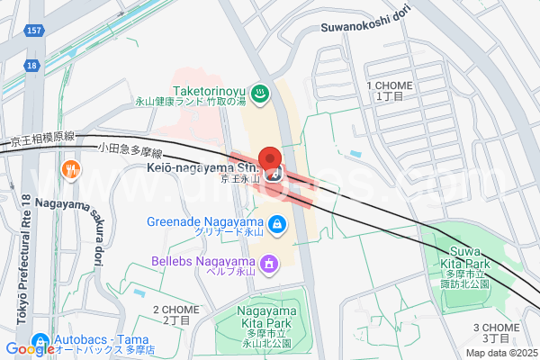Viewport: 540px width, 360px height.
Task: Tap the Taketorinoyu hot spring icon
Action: pos(258,92)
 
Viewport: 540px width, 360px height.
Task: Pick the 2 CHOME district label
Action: pos(176,314)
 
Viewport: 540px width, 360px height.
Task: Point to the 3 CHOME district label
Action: pos(496,332)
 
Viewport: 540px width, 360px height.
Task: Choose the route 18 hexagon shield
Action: pos(31,65)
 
